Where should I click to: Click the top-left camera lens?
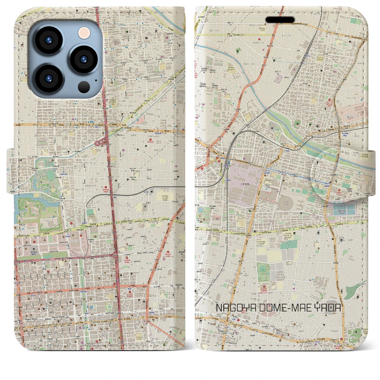(x=48, y=40)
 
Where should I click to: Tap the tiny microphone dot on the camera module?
(x=96, y=80)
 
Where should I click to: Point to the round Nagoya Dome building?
(x=286, y=204)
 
